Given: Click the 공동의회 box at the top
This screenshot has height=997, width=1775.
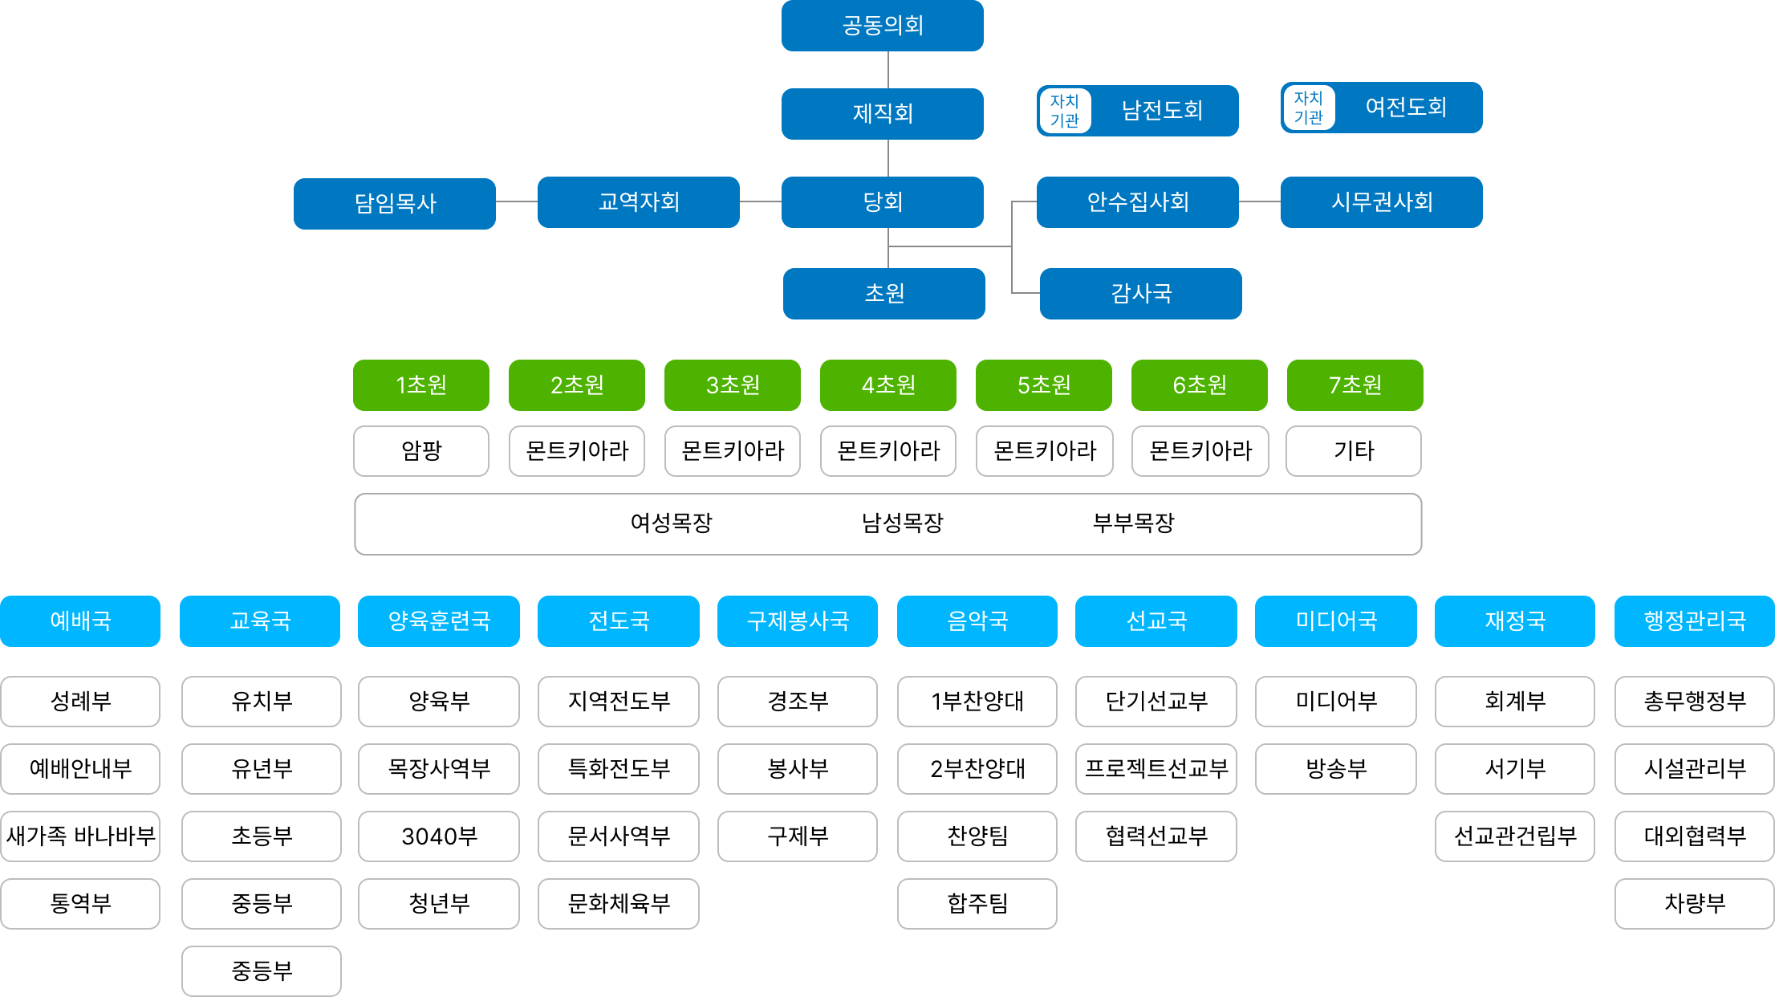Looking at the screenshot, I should coord(882,26).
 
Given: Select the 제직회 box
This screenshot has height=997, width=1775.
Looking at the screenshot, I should coord(882,113).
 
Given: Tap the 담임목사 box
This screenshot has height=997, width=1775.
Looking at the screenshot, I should coord(394,203).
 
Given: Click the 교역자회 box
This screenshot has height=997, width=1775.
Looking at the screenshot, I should coord(638,201).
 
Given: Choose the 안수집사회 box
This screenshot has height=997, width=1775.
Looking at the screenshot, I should coord(1137,201).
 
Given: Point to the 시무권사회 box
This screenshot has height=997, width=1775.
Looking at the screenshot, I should coord(1381,201).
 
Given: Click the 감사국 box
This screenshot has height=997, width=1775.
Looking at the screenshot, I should coord(1140,293).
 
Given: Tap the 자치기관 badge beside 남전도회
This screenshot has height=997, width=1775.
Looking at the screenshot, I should coord(1064,111).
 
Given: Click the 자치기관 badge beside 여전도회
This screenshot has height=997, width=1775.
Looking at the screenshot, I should coord(1308,108).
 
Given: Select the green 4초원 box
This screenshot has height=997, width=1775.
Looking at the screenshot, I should coord(887,385).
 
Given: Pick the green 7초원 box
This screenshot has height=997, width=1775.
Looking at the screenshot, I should coord(1355,385).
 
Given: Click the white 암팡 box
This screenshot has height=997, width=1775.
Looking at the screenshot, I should coord(420,450).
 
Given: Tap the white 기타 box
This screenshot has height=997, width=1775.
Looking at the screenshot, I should coord(1353,450).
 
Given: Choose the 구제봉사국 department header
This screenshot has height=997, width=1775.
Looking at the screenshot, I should coord(797,621).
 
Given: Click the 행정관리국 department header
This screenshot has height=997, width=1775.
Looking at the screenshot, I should coord(1694,621).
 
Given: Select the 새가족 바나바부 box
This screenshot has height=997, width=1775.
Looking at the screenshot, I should coord(80,836).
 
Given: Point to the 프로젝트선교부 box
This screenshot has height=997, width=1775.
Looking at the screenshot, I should coord(1156,768).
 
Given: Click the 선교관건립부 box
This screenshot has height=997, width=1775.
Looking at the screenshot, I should coord(1514,836).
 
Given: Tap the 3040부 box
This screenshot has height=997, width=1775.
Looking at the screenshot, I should coord(438,836).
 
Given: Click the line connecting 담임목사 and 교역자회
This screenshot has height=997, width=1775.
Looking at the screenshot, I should coord(516,201).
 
